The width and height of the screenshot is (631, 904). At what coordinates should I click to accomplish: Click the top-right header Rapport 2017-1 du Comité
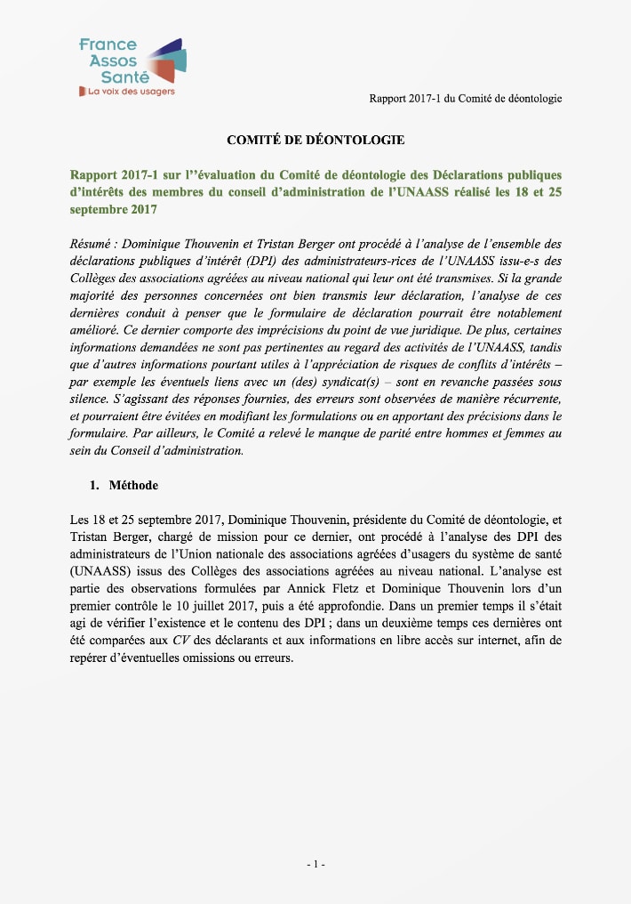pos(465,98)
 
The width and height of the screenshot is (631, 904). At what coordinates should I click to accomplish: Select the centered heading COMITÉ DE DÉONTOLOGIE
pos(315,140)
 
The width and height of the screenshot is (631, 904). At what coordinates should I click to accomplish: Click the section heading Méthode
pos(134,486)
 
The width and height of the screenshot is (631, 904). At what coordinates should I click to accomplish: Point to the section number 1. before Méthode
pos(96,486)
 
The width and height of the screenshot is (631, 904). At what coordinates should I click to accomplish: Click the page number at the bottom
pos(315,864)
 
